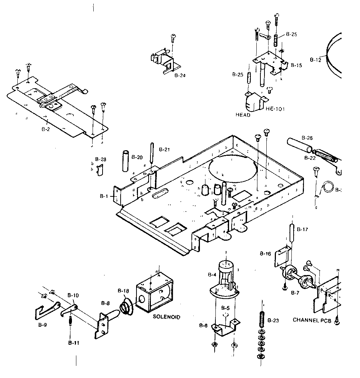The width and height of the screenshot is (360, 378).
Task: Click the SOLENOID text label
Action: point(167,317)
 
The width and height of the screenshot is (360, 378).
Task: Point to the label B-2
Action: point(46,130)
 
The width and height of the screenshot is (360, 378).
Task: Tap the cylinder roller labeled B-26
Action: point(299,145)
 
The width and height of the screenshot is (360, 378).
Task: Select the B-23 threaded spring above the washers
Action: point(262,318)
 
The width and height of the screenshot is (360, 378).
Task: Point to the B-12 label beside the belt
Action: point(316,59)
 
